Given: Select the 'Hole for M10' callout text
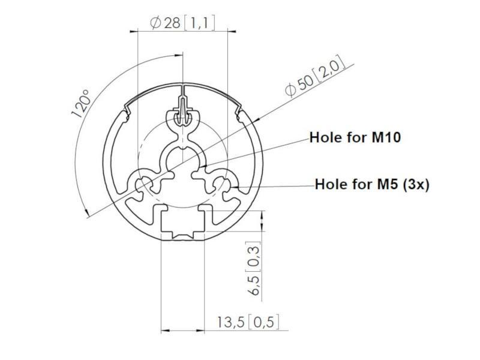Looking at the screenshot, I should tap(355, 137).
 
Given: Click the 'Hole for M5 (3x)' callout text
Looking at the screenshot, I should tap(372, 184).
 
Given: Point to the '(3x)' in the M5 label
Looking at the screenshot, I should tap(415, 184).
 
